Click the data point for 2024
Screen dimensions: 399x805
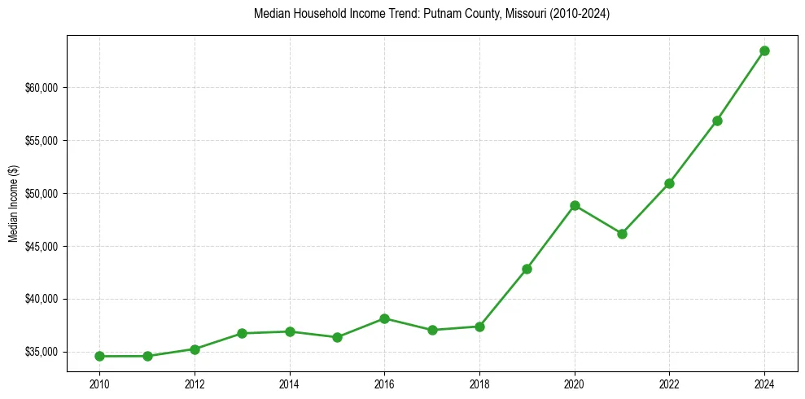click(764, 50)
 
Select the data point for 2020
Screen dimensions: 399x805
click(575, 205)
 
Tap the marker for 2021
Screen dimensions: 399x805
click(622, 234)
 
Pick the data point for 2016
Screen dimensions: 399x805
click(384, 318)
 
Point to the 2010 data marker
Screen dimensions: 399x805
click(99, 356)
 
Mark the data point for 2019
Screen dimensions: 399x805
click(527, 269)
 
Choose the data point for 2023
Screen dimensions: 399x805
click(717, 121)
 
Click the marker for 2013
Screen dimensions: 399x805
click(242, 333)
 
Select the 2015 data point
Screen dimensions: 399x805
click(337, 337)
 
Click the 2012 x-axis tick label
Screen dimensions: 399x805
click(195, 384)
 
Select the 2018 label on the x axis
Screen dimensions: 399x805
click(479, 384)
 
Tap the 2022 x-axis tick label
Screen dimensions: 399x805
click(669, 384)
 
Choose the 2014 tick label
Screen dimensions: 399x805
click(289, 384)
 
